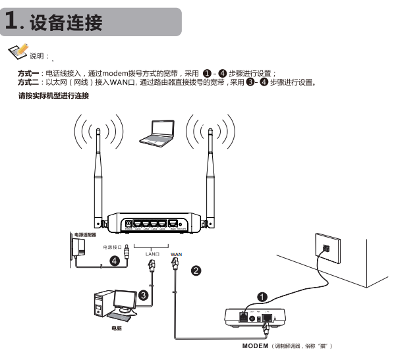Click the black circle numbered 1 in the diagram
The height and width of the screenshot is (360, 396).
[x=262, y=297]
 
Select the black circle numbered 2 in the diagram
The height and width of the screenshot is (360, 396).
[x=196, y=269]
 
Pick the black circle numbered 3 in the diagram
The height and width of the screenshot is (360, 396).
[x=144, y=296]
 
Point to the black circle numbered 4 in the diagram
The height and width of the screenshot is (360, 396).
[x=114, y=261]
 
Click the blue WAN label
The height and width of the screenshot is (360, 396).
[x=176, y=253]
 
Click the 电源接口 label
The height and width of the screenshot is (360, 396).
[x=113, y=247]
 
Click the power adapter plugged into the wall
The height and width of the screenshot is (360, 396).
[x=82, y=249]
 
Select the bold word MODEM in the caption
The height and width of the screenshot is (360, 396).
[x=256, y=346]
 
